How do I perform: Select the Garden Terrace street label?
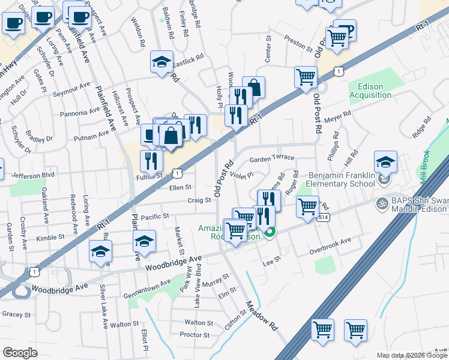(x=272, y=158)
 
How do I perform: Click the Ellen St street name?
(x=180, y=188)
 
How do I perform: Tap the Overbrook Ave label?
(x=330, y=241)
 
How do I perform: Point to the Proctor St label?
(x=194, y=335)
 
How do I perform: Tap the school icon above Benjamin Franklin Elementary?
(x=385, y=162)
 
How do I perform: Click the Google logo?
(x=20, y=353)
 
